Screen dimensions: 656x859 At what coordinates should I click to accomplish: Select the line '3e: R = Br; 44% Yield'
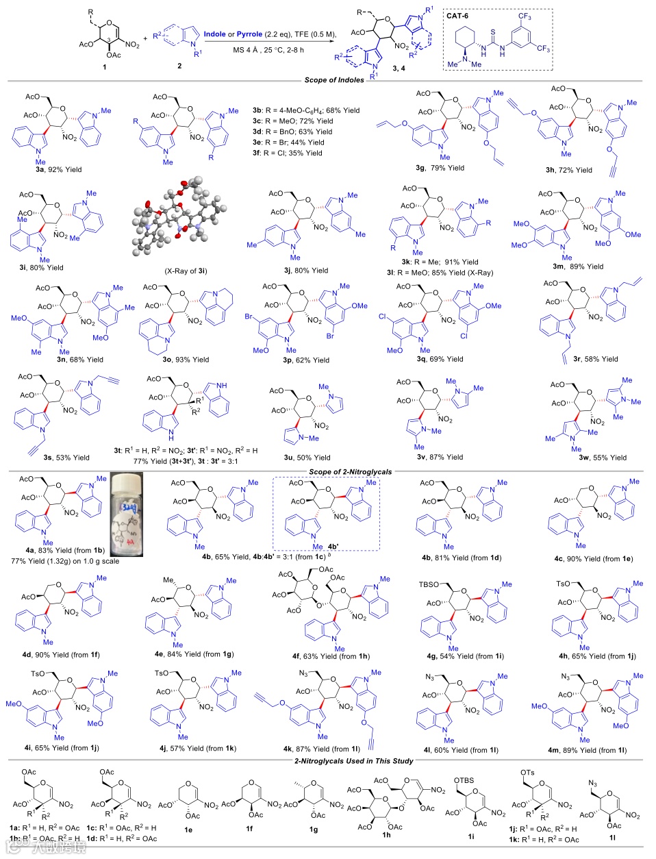click(x=292, y=142)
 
